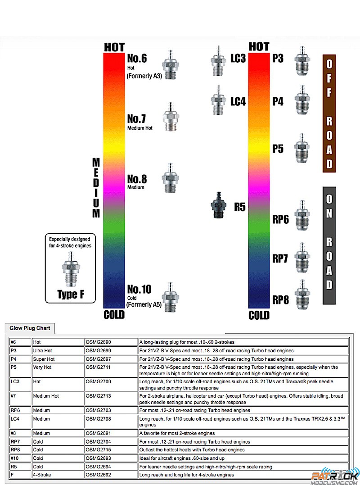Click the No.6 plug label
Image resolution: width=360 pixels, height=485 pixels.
[x=137, y=59]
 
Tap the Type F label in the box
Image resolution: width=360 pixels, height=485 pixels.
[x=71, y=295]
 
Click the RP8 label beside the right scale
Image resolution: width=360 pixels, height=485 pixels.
[x=280, y=299]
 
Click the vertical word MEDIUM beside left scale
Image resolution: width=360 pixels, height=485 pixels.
[x=96, y=188]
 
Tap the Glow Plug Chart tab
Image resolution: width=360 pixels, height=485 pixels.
[x=30, y=328]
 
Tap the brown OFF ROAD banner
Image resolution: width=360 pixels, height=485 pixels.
[x=329, y=113]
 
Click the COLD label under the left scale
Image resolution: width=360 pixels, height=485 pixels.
[x=114, y=314]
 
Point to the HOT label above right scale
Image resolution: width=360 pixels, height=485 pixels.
[x=259, y=46]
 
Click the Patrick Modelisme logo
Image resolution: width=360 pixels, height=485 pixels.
[x=335, y=476]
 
